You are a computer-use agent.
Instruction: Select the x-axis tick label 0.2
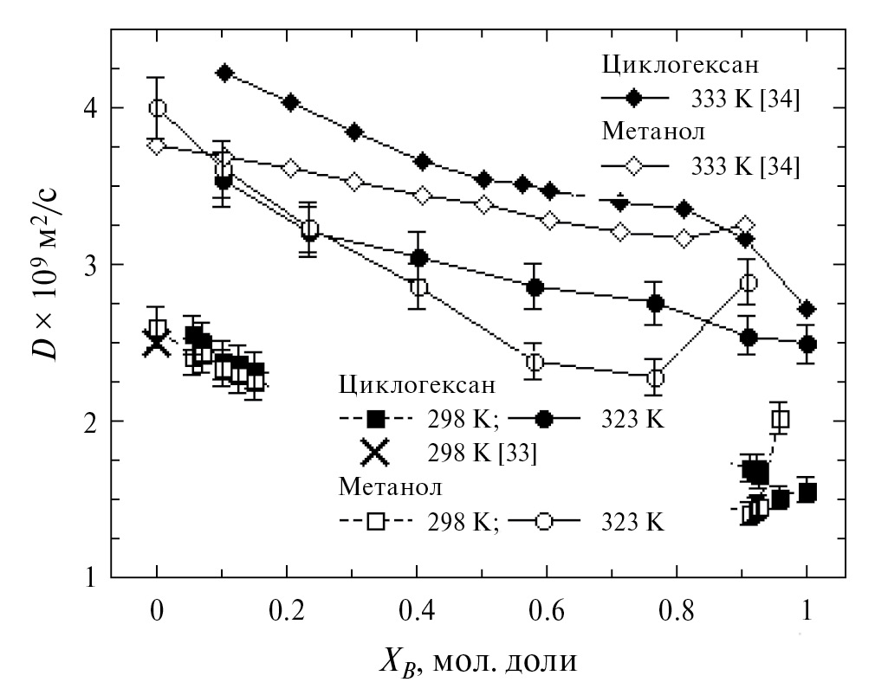[x=285, y=609]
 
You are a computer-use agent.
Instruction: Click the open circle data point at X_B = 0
[x=157, y=108]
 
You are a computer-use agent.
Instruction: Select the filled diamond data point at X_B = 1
[x=807, y=309]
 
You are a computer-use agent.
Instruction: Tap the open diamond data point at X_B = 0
[x=156, y=145]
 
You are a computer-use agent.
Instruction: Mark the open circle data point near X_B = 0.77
[x=656, y=378]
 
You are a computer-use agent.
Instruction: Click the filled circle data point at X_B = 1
[x=807, y=344]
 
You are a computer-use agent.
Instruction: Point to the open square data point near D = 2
[x=780, y=420]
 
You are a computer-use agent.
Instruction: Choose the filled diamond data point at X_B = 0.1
[x=224, y=73]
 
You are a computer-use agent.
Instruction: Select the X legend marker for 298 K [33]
[x=375, y=453]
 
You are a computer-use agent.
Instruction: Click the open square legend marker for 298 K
[x=375, y=522]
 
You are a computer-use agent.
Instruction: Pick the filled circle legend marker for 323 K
[x=544, y=419]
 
